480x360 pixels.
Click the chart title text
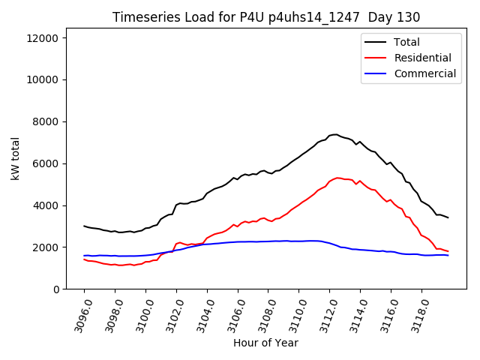click(266, 16)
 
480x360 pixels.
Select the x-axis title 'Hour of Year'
click(265, 343)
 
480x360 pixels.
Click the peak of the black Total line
click(335, 134)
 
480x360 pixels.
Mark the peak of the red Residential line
click(338, 178)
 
